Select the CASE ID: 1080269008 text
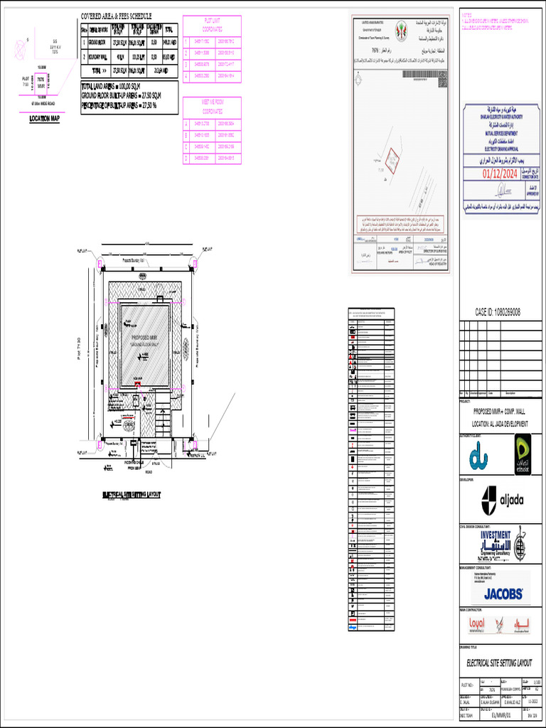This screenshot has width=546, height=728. (x=498, y=312)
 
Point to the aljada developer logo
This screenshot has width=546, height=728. (x=502, y=500)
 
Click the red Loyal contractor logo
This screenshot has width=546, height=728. (x=476, y=625)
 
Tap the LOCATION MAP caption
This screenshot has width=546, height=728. (x=44, y=119)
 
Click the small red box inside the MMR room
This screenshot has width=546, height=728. (x=138, y=384)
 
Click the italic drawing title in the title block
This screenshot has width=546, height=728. (x=499, y=663)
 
